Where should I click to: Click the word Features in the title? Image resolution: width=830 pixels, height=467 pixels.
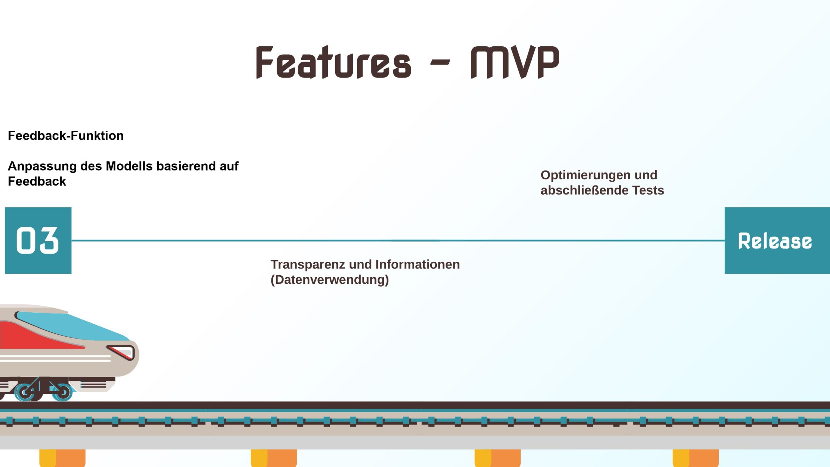pos(334,62)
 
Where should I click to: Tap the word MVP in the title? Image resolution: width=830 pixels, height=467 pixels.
pos(515,62)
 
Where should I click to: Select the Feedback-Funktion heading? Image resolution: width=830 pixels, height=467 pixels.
pos(66,136)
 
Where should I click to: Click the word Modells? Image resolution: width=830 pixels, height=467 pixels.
pos(129,166)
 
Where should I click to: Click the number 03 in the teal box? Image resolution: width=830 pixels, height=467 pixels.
pos(38,240)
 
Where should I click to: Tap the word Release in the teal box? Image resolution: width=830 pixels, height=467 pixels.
pos(775,241)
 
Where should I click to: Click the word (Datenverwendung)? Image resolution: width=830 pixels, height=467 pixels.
pos(330,280)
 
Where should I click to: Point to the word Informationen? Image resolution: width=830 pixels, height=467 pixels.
pos(418,264)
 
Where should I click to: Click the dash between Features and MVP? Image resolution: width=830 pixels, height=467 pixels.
pos(440,62)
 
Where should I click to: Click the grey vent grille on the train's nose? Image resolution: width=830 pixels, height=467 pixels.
pos(93,385)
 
